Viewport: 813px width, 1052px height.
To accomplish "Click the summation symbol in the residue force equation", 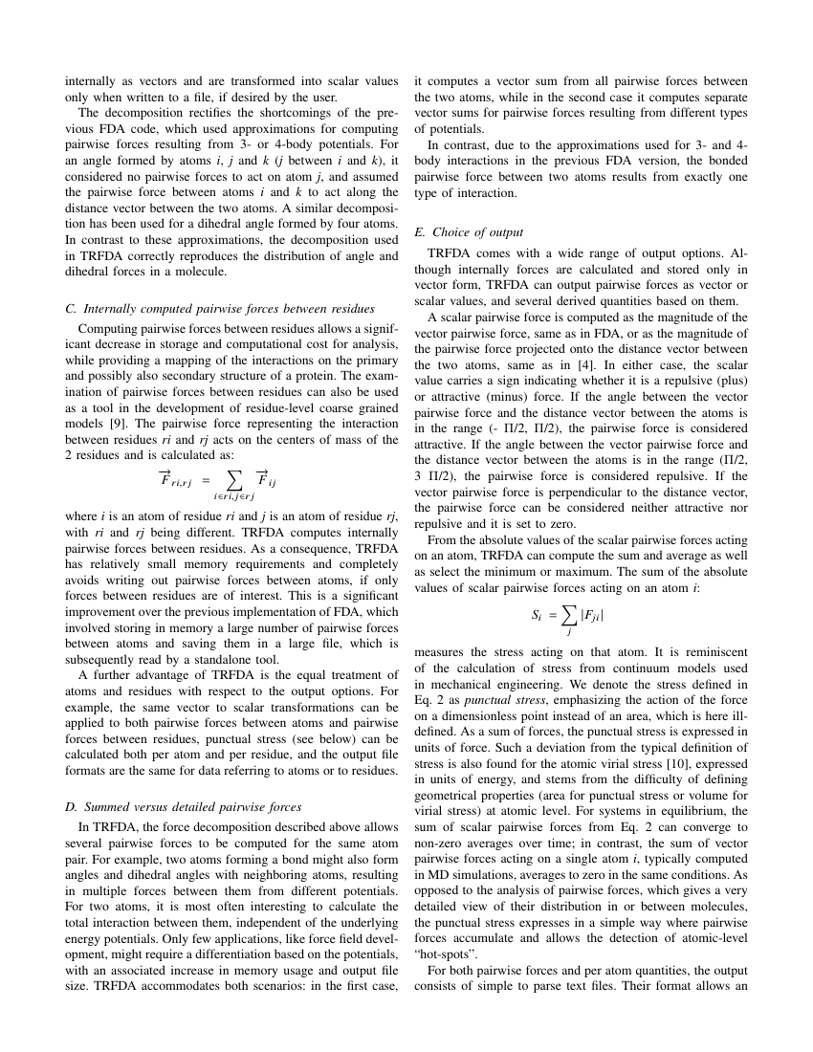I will pyautogui.click(x=232, y=479).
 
